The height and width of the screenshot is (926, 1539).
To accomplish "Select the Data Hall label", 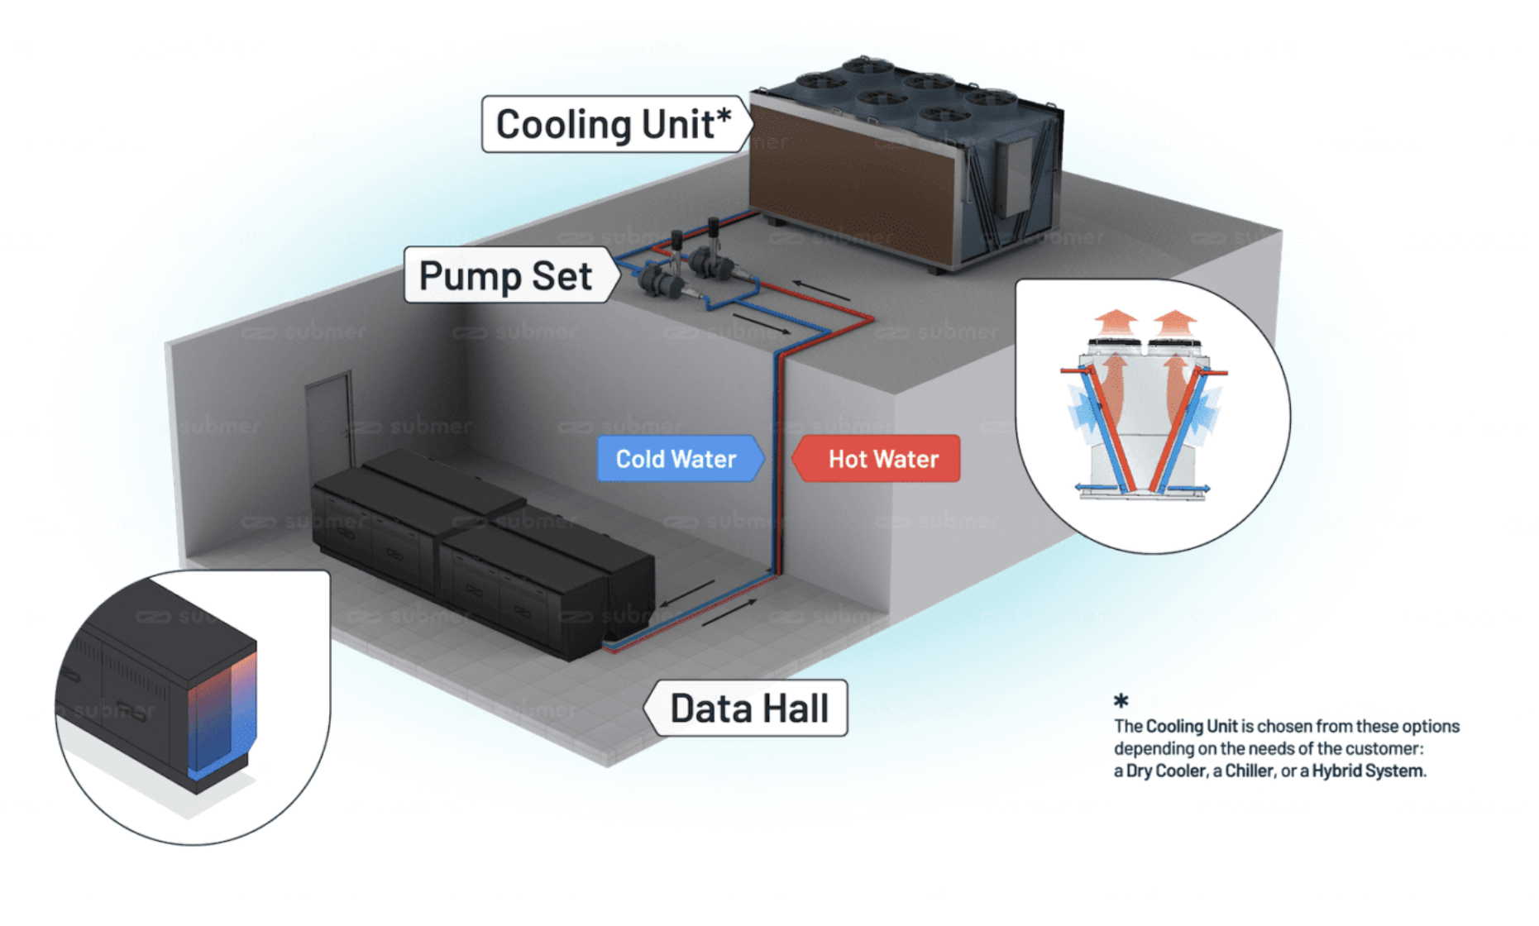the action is (x=747, y=709).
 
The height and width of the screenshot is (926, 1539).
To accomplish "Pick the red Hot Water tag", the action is (x=877, y=459).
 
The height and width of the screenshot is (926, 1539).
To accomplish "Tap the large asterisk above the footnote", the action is (x=1121, y=701).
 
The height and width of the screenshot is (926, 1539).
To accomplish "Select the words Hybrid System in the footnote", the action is (x=1369, y=771).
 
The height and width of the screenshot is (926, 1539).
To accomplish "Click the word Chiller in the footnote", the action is (x=1250, y=771).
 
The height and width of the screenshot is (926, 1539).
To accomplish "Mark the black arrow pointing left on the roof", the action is (x=821, y=290).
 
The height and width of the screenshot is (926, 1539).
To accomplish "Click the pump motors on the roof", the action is (x=688, y=265).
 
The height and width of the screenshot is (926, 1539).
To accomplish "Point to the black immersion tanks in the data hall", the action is (x=484, y=554).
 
